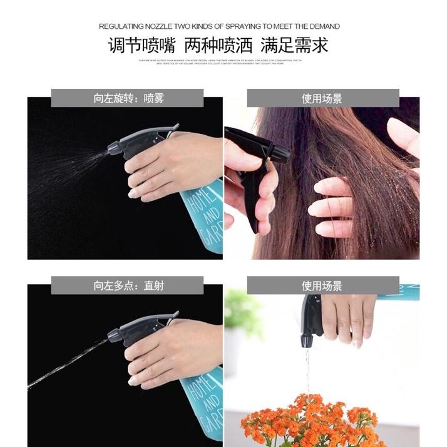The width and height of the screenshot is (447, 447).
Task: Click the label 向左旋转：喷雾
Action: click(x=128, y=98)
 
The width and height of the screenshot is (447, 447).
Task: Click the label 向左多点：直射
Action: click(x=128, y=286)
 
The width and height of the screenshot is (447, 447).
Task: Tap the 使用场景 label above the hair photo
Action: click(x=322, y=98)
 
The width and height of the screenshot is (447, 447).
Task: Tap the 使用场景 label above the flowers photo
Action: click(x=322, y=286)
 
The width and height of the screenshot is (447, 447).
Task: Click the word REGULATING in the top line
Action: click(x=123, y=26)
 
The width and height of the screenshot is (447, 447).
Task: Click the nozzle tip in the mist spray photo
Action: click(x=113, y=149)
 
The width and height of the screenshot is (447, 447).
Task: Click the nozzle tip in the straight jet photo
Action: click(x=113, y=336)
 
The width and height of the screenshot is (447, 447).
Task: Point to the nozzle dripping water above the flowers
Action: click(x=307, y=341)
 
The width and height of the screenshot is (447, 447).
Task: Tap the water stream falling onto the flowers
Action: click(x=307, y=369)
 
